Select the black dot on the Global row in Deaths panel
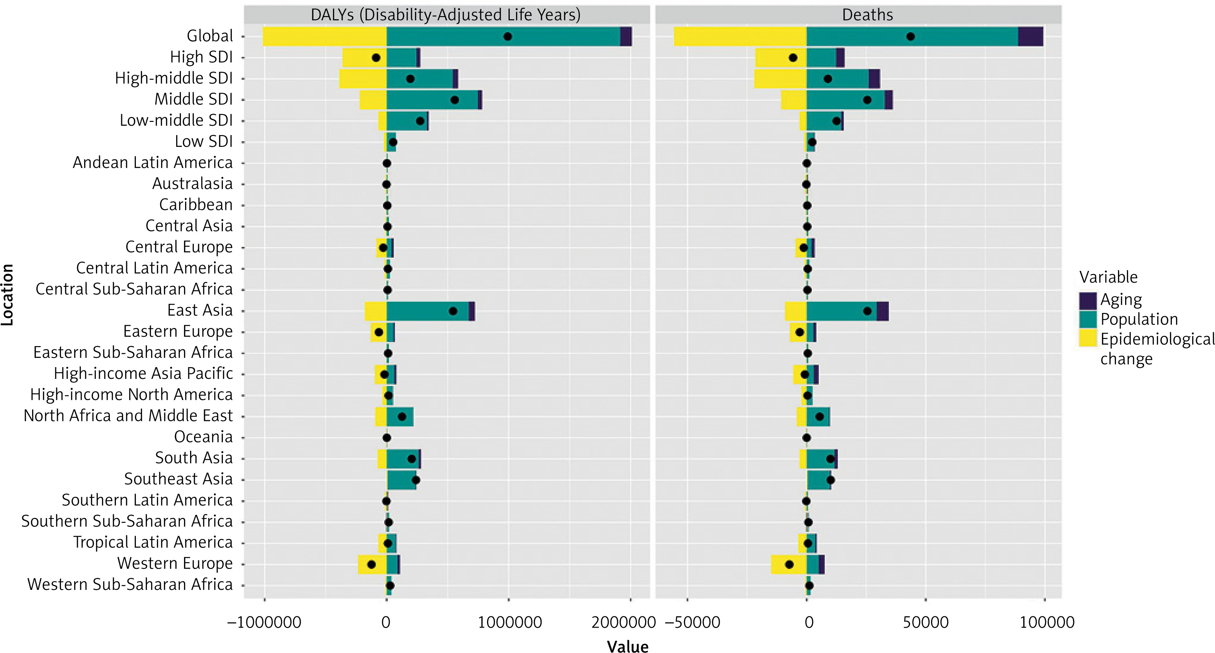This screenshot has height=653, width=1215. [911, 36]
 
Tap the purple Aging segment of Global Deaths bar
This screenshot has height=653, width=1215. [1031, 36]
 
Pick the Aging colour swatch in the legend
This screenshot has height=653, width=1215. [1088, 300]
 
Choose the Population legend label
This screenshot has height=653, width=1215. [1139, 319]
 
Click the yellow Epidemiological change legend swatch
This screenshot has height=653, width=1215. [1088, 339]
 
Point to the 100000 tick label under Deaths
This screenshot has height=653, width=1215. [1047, 622]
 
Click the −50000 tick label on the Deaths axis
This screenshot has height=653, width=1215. [693, 622]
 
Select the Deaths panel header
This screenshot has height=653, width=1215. [867, 15]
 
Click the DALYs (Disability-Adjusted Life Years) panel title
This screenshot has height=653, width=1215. [445, 15]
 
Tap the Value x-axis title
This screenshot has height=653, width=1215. [627, 646]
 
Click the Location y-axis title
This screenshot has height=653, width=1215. [7, 295]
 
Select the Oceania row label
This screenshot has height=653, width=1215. [203, 437]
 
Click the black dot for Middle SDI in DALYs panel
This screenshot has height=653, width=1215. [455, 100]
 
